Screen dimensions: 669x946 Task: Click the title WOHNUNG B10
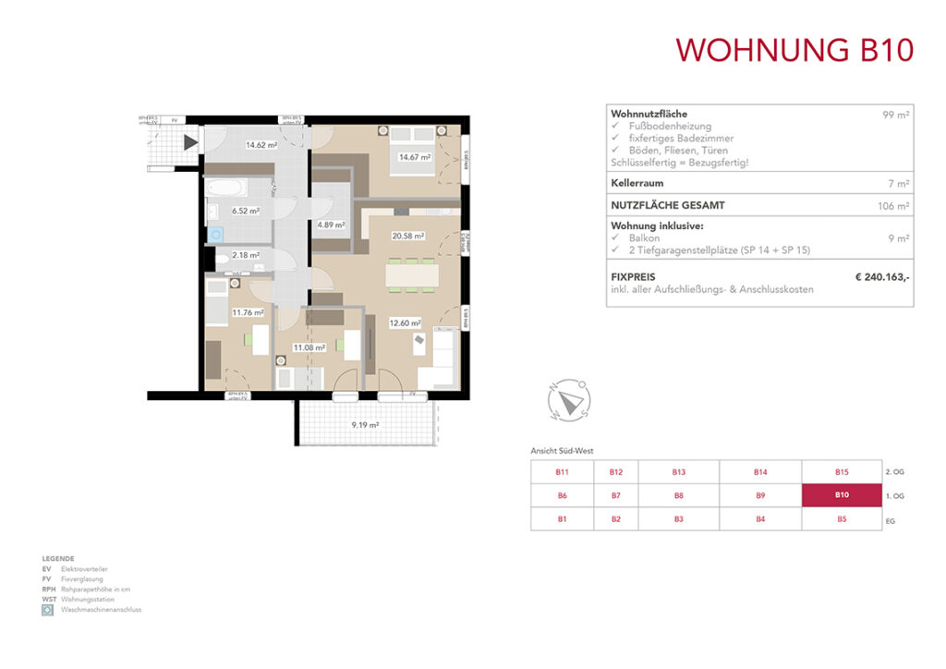coord(794,49)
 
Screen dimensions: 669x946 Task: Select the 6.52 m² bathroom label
coord(246,211)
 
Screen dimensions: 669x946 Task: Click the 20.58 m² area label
coord(406,237)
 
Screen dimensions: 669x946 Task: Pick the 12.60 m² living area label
coord(404,323)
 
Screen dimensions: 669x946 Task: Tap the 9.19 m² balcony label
coord(365,425)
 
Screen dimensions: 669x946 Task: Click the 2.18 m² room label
coord(246,255)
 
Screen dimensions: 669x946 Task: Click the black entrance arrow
coord(190,142)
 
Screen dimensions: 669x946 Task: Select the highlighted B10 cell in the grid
coord(842,495)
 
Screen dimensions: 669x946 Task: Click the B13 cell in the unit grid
coord(679,472)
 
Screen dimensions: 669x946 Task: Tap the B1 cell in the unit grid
coord(562,518)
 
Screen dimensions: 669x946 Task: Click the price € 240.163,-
coord(882,275)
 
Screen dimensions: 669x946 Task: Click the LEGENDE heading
coord(57,560)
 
